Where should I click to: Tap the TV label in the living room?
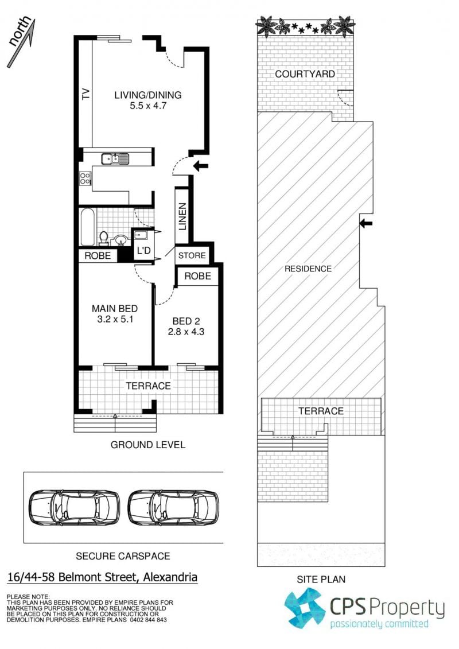[x=85, y=94]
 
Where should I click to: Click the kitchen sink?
[x=115, y=158]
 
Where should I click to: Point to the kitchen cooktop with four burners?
[x=85, y=179]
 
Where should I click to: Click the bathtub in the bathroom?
[x=87, y=227]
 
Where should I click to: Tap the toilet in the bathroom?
[x=103, y=238]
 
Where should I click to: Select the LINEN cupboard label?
[x=182, y=216]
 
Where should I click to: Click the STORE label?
[x=192, y=255]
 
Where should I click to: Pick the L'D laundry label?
[x=143, y=251]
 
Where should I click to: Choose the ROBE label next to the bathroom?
[x=98, y=256]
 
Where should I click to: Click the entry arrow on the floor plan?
[x=201, y=166]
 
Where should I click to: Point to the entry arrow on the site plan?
[x=366, y=224]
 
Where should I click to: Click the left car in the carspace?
[x=74, y=507]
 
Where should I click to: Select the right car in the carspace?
[x=173, y=507]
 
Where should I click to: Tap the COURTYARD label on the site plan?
[x=305, y=74]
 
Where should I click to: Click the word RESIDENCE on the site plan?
[x=308, y=269]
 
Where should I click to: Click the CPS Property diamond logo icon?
[x=305, y=608]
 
